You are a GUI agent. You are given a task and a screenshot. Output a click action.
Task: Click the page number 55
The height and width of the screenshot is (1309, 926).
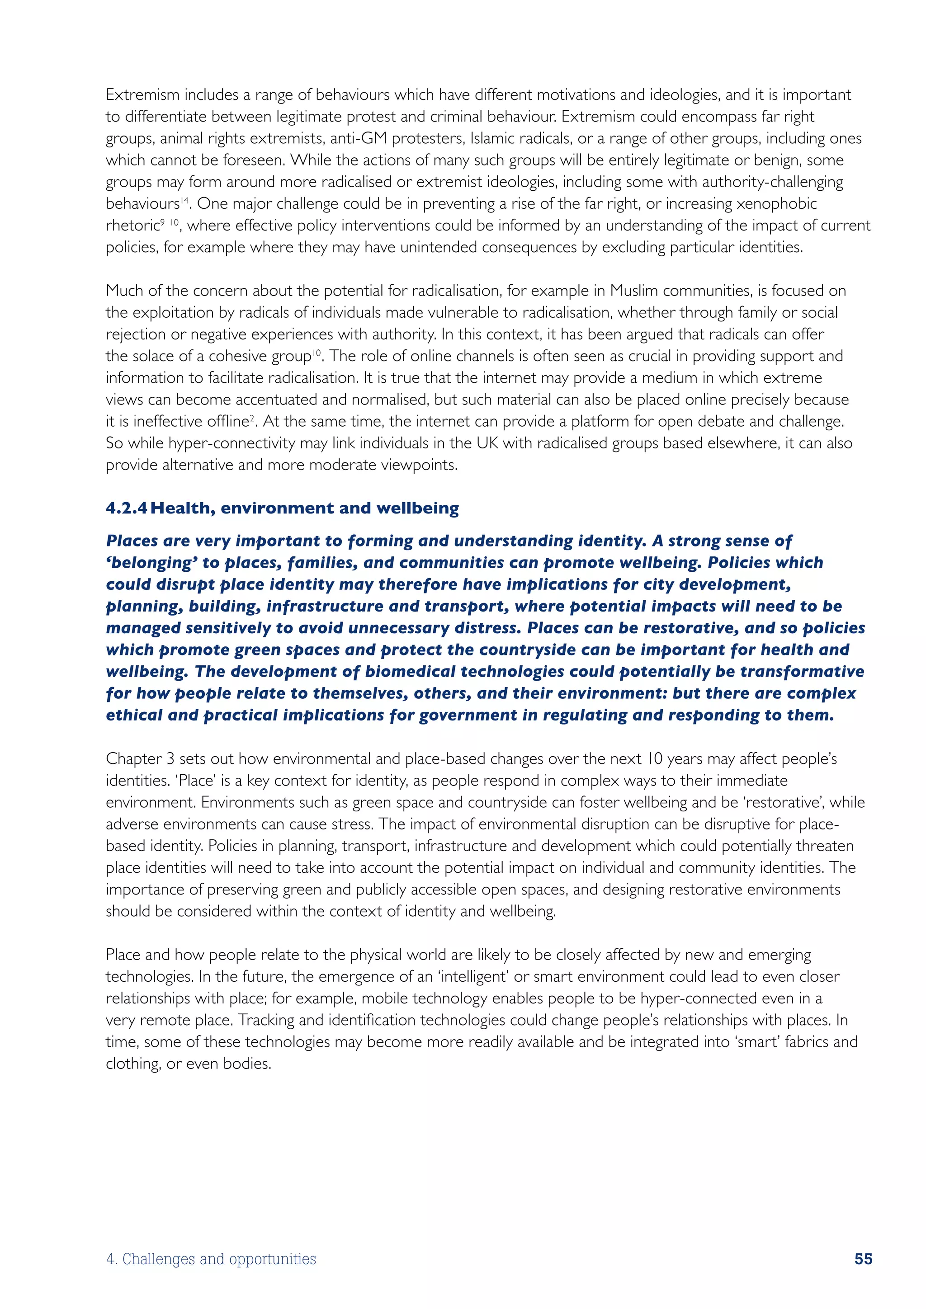pos(863,1258)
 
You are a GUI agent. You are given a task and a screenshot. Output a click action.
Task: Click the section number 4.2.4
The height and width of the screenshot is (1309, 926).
pos(127,508)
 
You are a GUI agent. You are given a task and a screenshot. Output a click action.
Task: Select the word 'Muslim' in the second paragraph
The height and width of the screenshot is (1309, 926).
pos(634,291)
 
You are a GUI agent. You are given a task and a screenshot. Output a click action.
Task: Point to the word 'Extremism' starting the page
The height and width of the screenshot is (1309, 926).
pos(142,94)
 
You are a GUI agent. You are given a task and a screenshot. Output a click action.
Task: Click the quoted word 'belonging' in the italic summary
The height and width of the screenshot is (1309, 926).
pos(151,563)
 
